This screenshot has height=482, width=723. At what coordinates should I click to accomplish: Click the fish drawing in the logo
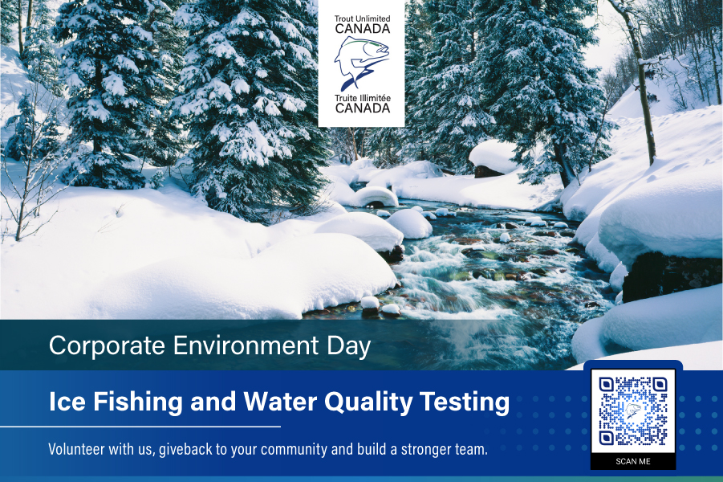(362, 63)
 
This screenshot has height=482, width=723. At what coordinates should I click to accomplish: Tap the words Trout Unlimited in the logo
(363, 18)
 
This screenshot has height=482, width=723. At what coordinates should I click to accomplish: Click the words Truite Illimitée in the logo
(363, 98)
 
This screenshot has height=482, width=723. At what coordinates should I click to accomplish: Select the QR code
(633, 411)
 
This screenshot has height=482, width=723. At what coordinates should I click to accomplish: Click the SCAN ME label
(633, 461)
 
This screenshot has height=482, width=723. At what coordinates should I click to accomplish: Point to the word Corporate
(107, 345)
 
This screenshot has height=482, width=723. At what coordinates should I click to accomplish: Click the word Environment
(246, 345)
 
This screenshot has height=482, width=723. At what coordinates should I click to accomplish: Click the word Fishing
(138, 402)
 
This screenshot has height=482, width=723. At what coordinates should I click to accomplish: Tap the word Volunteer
(76, 449)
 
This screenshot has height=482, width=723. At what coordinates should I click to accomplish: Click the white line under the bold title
(140, 427)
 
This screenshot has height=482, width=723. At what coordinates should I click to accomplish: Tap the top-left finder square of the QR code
(607, 384)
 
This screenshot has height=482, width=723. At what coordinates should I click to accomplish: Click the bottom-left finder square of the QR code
(607, 438)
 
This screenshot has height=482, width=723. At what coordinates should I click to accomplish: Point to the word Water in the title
(280, 401)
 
